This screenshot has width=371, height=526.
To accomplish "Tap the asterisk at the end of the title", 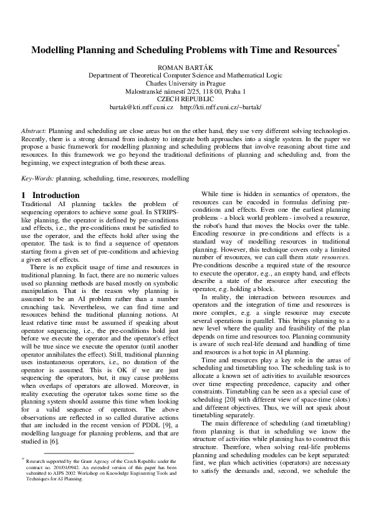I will click(x=338, y=46).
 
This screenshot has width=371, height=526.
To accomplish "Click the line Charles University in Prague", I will click(x=185, y=82).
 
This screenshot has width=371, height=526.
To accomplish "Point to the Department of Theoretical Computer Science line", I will click(x=185, y=73).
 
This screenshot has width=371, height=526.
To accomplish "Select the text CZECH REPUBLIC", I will click(x=185, y=99).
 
